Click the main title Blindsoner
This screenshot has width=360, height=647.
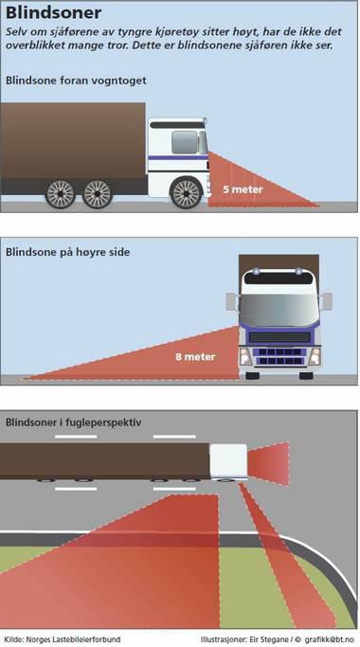53,12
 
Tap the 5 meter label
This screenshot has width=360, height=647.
243,189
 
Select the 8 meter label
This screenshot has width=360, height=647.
195,356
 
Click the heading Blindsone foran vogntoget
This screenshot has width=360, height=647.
76,81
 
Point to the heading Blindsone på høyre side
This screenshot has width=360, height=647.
67,252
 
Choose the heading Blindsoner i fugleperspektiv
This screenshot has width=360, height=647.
74,422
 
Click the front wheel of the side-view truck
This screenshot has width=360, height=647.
187,192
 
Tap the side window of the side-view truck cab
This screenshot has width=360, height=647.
184,142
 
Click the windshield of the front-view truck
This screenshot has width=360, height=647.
279,309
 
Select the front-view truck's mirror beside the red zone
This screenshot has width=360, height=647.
231,301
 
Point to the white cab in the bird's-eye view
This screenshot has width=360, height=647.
228,461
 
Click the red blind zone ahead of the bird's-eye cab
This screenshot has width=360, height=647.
268,463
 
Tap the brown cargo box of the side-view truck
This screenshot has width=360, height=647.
73,140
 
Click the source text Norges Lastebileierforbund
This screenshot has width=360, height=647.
74,639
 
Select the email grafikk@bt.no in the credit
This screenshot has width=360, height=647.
330,639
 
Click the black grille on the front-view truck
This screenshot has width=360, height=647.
279,337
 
